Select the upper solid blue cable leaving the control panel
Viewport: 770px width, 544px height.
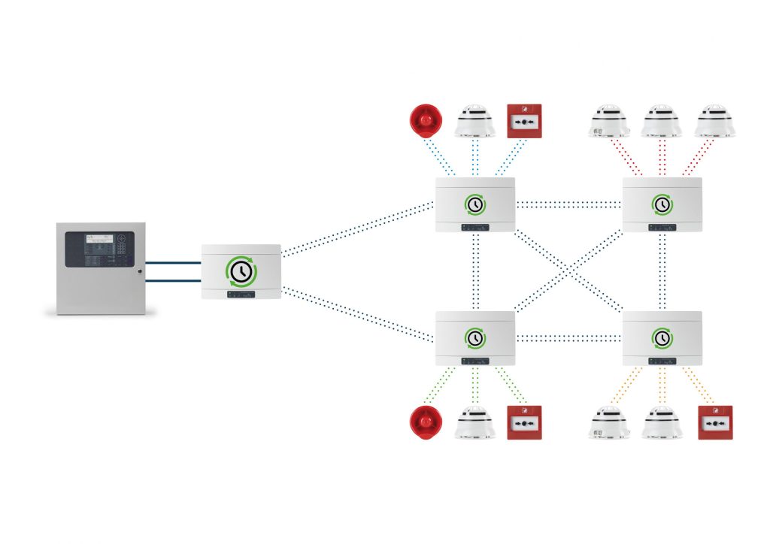(173, 263)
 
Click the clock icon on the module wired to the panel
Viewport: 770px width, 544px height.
(241, 271)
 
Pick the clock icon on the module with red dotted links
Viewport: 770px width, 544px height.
(662, 204)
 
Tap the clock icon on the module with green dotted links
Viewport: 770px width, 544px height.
(475, 338)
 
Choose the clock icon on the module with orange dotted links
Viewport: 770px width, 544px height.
(662, 338)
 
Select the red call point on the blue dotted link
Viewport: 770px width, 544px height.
(525, 121)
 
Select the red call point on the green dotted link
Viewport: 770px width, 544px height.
(524, 424)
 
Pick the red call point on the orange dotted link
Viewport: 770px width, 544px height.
(714, 424)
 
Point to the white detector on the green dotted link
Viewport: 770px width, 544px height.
(475, 424)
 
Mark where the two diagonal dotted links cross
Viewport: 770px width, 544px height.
(569, 271)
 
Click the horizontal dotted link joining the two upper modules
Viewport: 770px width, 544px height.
(569, 204)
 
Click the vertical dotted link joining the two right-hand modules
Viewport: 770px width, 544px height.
(662, 271)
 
